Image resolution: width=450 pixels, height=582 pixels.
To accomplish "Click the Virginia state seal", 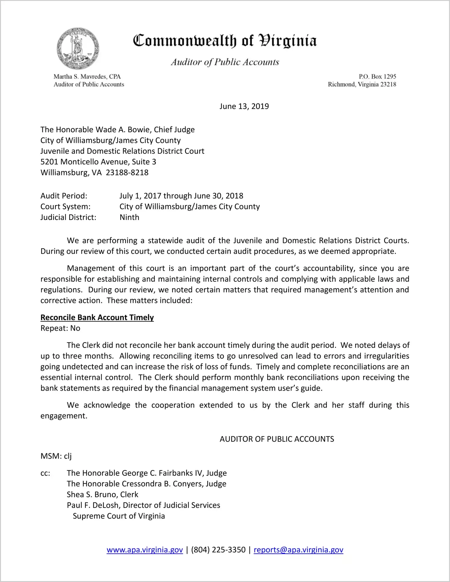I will tap(78, 49).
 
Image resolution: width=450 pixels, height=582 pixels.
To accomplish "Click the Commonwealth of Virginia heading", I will tap(225, 41).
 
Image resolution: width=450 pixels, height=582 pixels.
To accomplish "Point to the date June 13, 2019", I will tap(244, 106).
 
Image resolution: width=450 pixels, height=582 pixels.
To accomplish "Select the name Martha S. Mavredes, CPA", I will tap(87, 77).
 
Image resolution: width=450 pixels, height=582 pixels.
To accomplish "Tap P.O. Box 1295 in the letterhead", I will tap(377, 77).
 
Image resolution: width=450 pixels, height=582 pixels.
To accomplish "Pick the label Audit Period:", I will tap(64, 196).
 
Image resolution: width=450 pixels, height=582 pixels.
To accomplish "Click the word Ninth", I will tap(130, 217).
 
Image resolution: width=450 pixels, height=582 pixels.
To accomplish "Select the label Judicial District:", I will tap(68, 217).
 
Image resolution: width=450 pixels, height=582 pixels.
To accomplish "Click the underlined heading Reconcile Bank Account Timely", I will tap(97, 317).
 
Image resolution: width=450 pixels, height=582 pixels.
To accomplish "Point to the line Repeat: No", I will tap(60, 328).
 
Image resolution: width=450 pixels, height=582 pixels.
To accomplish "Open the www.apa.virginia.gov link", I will tap(145, 550).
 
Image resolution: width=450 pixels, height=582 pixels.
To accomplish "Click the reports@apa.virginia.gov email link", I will tap(298, 550).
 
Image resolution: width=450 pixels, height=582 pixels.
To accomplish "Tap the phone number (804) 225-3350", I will tap(218, 550).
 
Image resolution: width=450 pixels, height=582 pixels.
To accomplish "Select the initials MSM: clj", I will tap(56, 456).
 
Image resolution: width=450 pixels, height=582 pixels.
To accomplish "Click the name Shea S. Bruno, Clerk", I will tap(102, 495).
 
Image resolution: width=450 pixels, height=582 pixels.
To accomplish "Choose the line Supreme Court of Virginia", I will tap(119, 516).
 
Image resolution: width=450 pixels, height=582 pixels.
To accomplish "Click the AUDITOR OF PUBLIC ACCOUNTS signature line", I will tap(277, 439).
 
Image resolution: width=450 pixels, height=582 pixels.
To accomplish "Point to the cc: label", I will tap(45, 473).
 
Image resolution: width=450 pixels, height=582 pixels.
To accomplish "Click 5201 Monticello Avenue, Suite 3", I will tap(98, 162).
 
